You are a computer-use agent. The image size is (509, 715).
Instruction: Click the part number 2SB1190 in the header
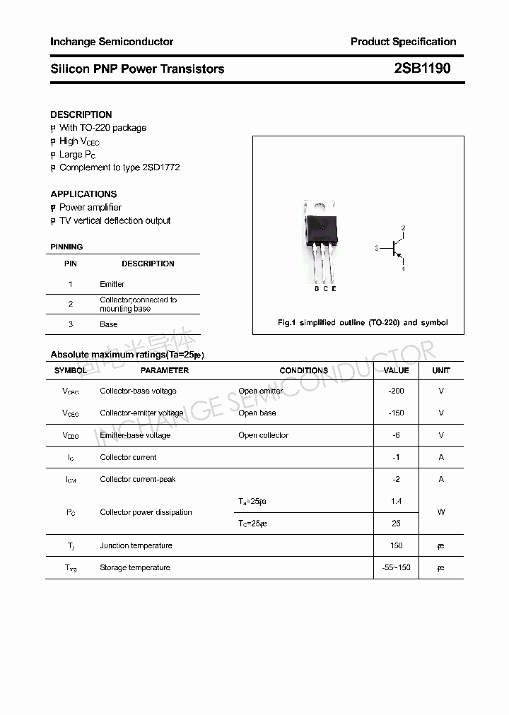point(422,69)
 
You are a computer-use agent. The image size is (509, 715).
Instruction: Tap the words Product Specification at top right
point(403,42)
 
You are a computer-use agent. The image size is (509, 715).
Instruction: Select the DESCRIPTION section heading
point(81,114)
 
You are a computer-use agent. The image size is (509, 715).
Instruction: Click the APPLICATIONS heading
point(83,194)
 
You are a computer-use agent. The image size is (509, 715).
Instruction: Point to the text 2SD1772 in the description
point(161,167)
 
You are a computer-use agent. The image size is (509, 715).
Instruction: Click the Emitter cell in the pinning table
point(112,284)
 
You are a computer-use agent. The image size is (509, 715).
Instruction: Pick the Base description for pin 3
point(109,324)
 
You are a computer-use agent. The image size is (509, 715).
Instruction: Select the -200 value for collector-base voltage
point(396,391)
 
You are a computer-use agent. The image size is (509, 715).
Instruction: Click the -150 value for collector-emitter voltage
point(396,413)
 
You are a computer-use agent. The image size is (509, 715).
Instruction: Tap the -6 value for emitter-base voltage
point(396,435)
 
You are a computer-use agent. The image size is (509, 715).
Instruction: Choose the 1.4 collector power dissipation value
point(396,501)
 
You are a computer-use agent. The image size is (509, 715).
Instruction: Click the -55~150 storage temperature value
point(396,567)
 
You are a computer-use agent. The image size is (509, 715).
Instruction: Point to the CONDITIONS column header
point(304,370)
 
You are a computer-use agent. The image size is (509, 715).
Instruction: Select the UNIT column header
point(441,370)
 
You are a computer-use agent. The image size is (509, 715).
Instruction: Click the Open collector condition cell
point(263,435)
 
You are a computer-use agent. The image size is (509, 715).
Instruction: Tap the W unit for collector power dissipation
point(441,512)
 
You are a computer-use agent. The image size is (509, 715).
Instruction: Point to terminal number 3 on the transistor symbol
point(378,248)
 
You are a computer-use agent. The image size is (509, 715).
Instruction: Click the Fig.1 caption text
point(363,322)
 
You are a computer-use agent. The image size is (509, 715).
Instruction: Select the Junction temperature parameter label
point(136,545)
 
